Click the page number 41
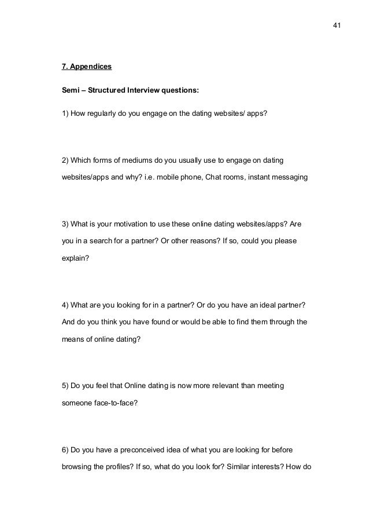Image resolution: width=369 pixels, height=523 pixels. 337,25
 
